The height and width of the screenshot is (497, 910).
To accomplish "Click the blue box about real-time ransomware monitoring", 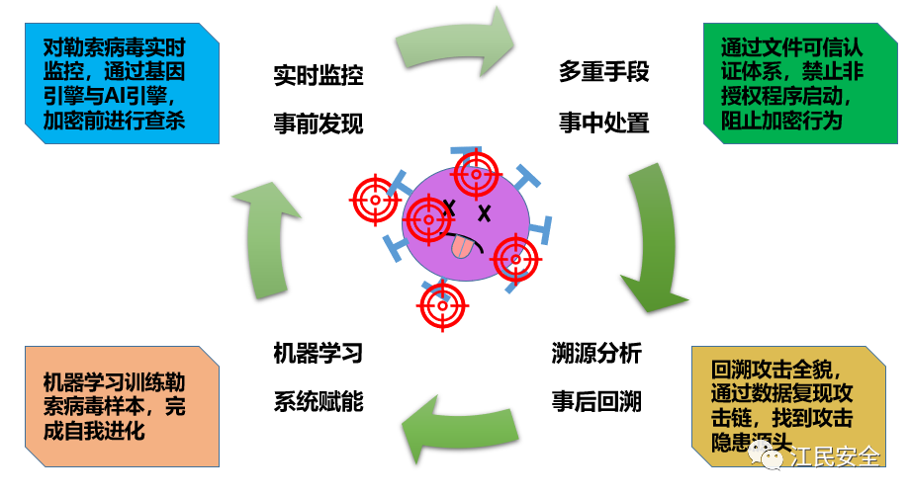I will click(x=119, y=85).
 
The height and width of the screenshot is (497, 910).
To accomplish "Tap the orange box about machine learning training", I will click(x=120, y=405).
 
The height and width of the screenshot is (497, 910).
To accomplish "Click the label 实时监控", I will click(x=318, y=75).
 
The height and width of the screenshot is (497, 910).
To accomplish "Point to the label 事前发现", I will click(x=318, y=124).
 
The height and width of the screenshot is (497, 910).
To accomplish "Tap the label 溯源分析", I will click(x=596, y=353).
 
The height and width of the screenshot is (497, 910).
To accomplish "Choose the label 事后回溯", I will click(x=596, y=401).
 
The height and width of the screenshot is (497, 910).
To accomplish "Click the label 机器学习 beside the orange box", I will click(x=318, y=353).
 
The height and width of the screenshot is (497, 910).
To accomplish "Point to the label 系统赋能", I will click(x=318, y=401).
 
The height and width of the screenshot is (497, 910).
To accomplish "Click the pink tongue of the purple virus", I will click(x=461, y=248).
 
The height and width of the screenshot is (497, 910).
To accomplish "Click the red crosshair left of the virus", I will click(x=376, y=200).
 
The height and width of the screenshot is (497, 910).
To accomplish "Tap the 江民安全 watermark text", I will click(x=836, y=457).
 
